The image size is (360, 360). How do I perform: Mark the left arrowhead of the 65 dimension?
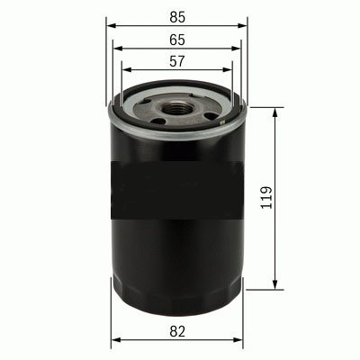pyautogui.click(x=117, y=50)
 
